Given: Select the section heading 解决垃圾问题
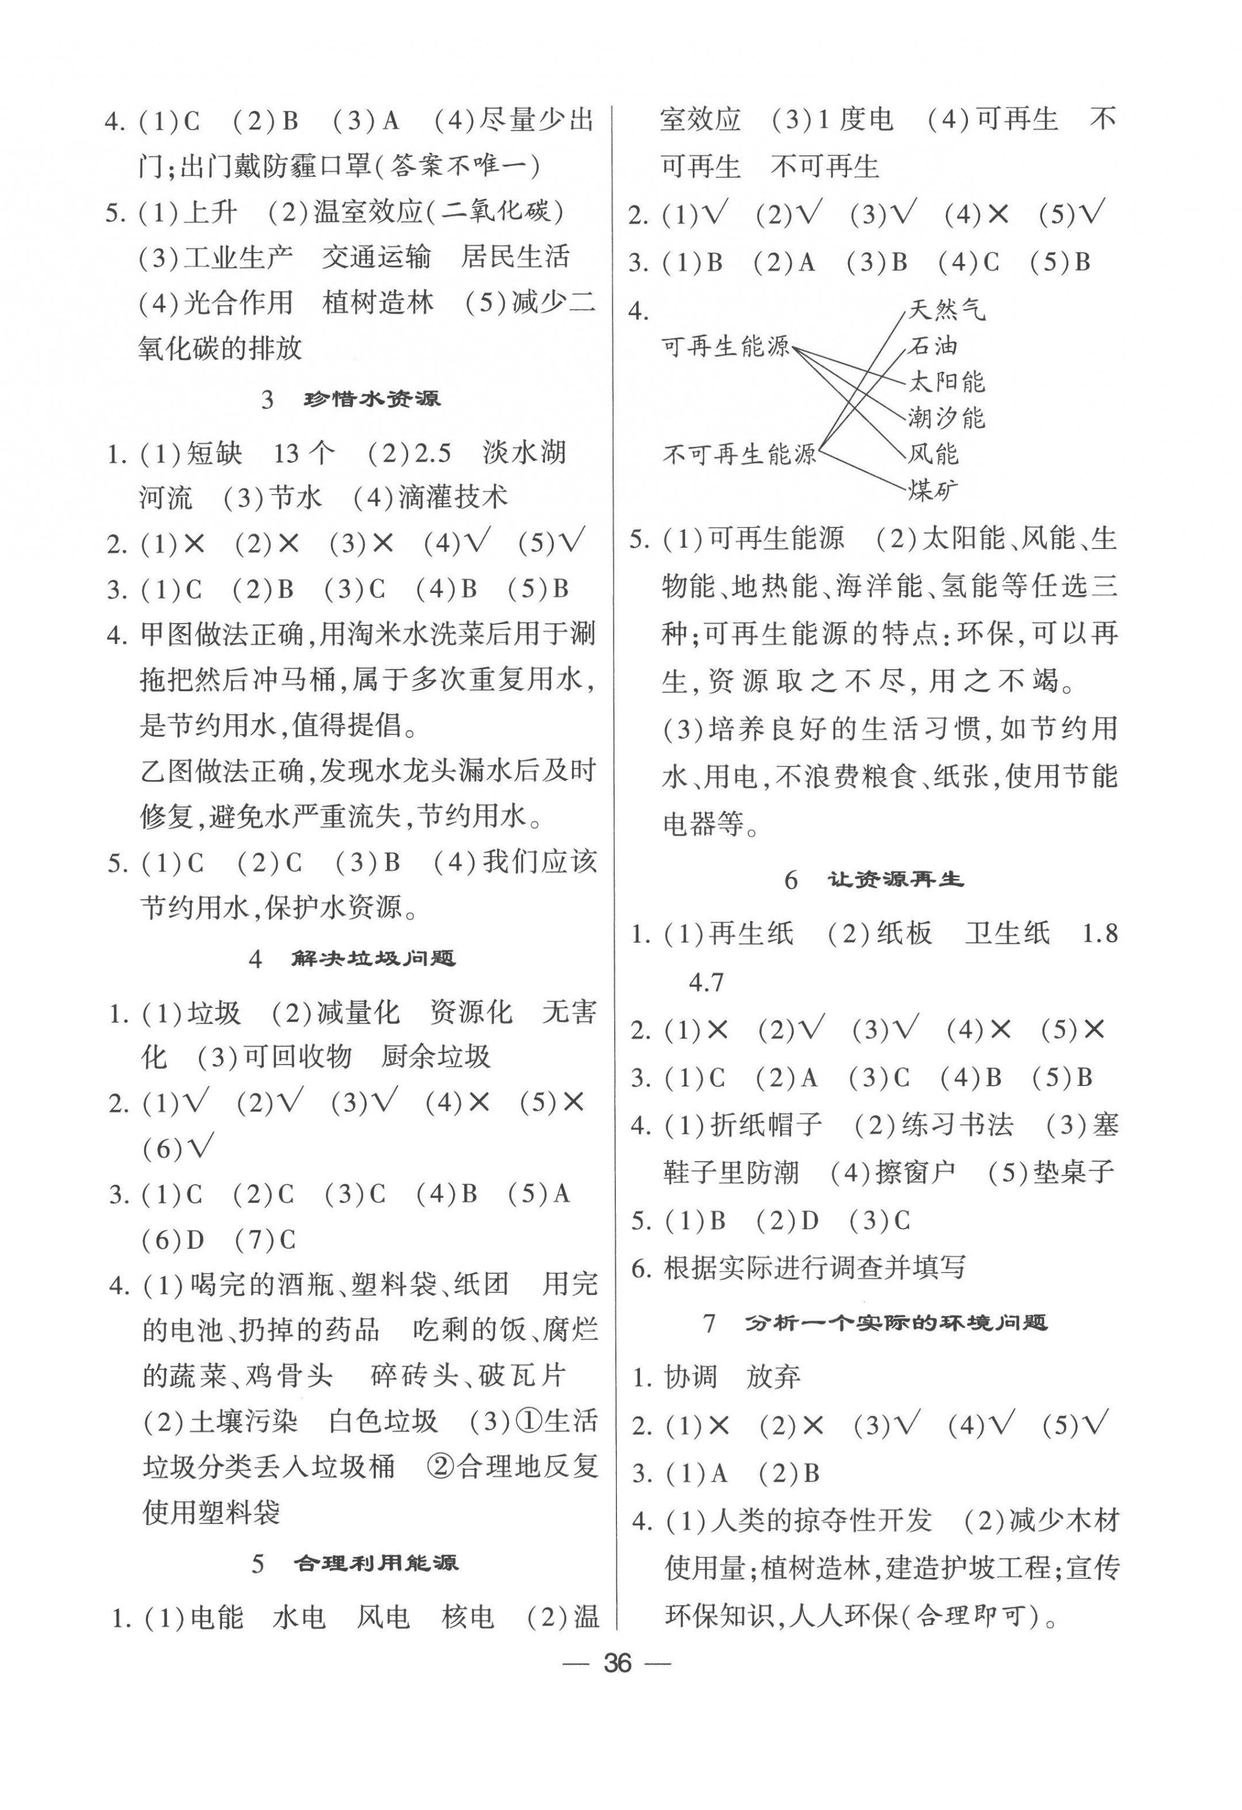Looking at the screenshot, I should [x=373, y=958].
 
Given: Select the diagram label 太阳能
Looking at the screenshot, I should [x=947, y=381].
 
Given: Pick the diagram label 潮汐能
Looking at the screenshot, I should [x=947, y=418].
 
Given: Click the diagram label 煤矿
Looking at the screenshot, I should [x=933, y=491].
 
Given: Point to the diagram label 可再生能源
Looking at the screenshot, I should [x=726, y=347].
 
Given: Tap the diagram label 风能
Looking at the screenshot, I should [x=933, y=454].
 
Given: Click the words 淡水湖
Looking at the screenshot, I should [x=524, y=452].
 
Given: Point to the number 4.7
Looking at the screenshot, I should [x=707, y=983].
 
